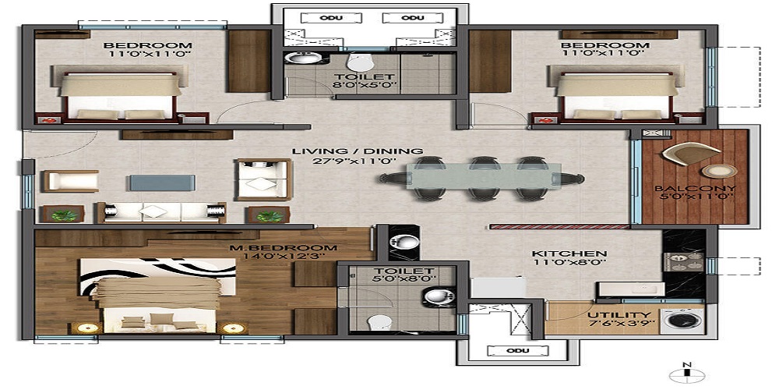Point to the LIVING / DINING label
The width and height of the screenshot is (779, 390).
[358, 151]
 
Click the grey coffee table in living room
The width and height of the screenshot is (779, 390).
[159, 182]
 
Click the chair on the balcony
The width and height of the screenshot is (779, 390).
[681, 155]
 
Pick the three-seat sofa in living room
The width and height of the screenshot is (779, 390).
[160, 211]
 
